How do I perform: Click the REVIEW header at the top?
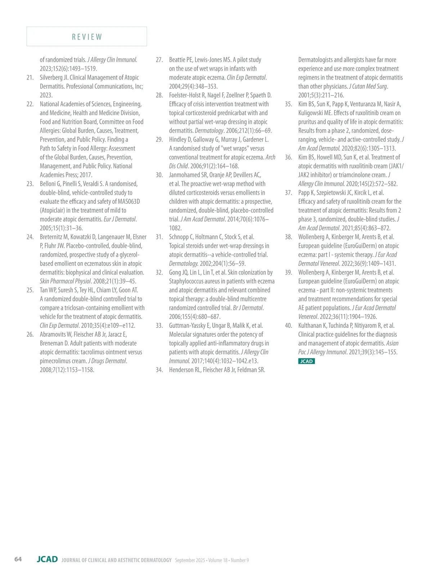(87, 37)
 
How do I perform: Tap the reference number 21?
(30, 78)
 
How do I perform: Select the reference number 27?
(159, 60)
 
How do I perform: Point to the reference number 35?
(288, 104)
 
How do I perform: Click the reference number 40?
(288, 326)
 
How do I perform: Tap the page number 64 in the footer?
(18, 559)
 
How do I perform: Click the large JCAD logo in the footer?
(47, 559)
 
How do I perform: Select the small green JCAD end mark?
(306, 361)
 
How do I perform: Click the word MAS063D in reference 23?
(129, 202)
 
